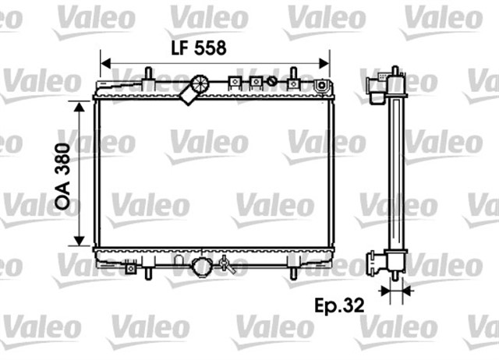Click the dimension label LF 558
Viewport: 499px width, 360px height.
pos(199,48)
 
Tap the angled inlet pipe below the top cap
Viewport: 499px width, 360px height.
pos(188,96)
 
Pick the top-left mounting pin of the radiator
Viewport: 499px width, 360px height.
pos(147,76)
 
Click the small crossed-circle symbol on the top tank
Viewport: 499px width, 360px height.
pos(271,79)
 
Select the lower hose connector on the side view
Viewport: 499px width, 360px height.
pos(377,259)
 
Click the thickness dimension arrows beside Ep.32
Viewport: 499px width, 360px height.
pos(395,293)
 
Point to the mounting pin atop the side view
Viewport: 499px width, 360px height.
pos(395,72)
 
